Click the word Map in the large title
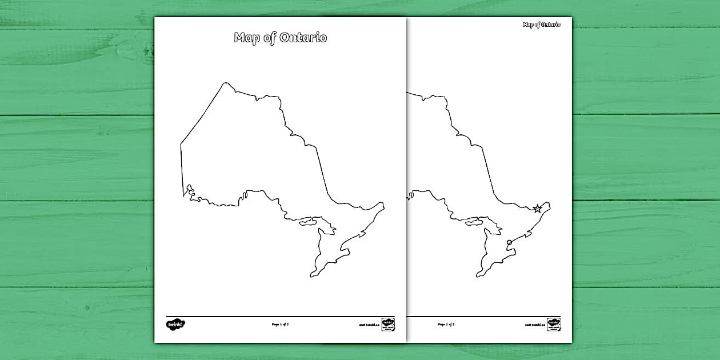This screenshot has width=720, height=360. click(x=246, y=38)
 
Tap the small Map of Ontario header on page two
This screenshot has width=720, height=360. click(x=542, y=25)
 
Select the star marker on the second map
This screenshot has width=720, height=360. click(x=537, y=209)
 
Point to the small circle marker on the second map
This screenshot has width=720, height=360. click(x=509, y=243)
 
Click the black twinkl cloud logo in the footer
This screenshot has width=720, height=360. click(x=176, y=324)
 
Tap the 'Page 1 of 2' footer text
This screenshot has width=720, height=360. click(x=284, y=324)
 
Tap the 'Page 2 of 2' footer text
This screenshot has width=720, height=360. click(x=446, y=324)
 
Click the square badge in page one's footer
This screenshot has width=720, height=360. click(x=388, y=324)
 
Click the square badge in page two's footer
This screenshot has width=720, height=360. click(x=554, y=324)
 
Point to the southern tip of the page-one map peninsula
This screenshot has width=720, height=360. click(x=312, y=277)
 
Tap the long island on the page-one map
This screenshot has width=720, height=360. click(x=308, y=220)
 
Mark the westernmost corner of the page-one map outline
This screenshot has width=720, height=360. click(x=181, y=143)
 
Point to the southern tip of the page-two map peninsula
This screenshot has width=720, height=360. click(x=478, y=277)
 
